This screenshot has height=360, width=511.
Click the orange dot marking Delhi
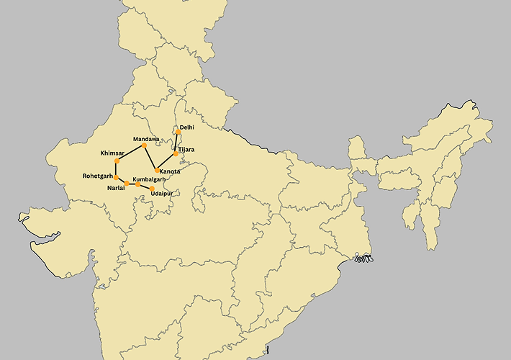[x=178, y=132]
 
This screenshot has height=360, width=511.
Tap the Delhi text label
[x=187, y=127]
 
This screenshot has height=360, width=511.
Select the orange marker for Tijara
[x=176, y=153]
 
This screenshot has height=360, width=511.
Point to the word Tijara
[x=186, y=150]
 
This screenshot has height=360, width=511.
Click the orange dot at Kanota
[x=158, y=171]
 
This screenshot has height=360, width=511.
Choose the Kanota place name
[x=170, y=171]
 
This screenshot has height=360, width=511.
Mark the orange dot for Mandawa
[x=144, y=145]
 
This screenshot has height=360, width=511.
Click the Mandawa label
[x=147, y=138]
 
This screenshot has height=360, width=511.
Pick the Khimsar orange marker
[x=117, y=160]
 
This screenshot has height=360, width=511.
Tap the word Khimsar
[x=113, y=153]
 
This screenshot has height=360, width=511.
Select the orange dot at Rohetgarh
[x=116, y=177]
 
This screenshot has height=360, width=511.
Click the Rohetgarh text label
[x=98, y=176]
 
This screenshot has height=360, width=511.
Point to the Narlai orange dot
[x=127, y=184]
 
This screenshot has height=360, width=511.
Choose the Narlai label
[x=116, y=188]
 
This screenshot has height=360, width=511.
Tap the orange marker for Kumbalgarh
[x=138, y=185]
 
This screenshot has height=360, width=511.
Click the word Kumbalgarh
[x=150, y=179]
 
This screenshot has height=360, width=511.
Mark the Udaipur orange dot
[x=152, y=189]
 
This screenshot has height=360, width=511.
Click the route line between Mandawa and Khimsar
[x=130, y=153]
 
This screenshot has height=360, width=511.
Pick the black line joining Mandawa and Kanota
[x=150, y=158]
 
